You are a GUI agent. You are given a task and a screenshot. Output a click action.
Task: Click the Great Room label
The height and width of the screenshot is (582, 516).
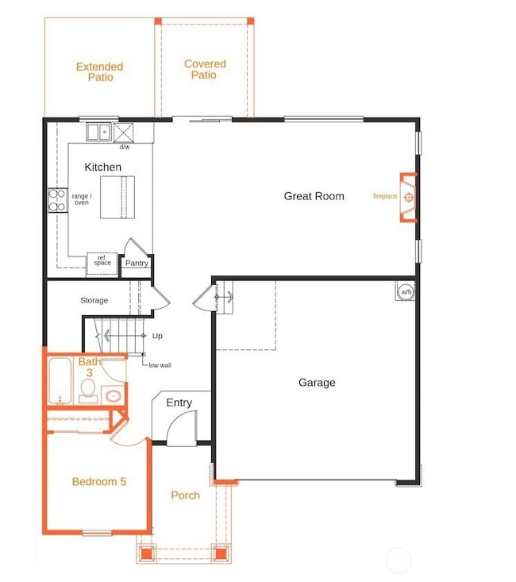click(x=314, y=196)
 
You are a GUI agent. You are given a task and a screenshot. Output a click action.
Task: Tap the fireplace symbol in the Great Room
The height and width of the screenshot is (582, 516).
click(x=408, y=197)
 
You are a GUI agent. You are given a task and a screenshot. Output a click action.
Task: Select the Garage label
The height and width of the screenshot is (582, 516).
click(x=317, y=383)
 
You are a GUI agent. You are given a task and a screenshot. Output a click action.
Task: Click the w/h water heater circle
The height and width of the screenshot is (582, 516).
click(x=406, y=291)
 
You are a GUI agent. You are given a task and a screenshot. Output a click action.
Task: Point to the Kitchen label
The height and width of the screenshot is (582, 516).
click(x=103, y=168)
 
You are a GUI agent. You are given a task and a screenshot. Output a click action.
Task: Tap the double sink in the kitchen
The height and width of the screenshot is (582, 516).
click(x=98, y=132)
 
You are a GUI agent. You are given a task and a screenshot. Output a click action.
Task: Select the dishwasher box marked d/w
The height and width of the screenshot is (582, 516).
click(x=125, y=133)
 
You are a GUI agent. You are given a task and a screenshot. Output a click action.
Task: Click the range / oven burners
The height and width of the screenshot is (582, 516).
click(x=57, y=200)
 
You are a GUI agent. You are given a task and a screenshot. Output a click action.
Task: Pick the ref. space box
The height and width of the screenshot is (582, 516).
click(x=102, y=262)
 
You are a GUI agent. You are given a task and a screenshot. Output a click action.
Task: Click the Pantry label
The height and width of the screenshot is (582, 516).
click(x=137, y=264)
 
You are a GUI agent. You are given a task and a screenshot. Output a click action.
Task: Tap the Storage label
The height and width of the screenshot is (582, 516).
click(x=94, y=301)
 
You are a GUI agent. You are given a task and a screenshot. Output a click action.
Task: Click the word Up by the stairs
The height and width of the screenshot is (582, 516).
click(x=157, y=336)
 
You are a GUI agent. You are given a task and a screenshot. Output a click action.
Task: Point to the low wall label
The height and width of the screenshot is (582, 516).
click(x=160, y=365)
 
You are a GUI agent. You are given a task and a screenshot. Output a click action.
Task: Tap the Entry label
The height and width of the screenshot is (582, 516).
click(x=179, y=403)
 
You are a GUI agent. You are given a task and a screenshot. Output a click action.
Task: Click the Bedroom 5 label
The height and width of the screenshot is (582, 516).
click(x=99, y=482)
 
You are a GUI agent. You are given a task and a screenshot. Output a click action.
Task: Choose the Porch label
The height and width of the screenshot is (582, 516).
click(x=186, y=495)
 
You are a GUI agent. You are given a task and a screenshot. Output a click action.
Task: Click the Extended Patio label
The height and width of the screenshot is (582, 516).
click(x=99, y=72)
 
